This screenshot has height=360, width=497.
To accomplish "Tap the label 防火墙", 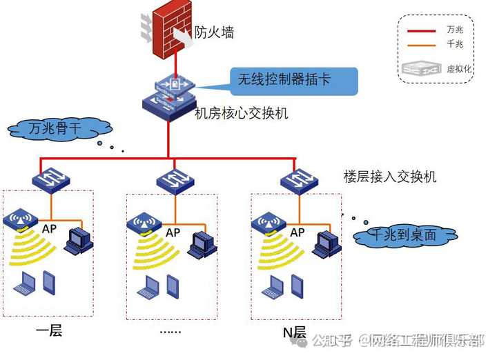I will [x=215, y=32].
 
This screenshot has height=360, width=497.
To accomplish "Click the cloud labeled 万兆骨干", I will [x=61, y=129].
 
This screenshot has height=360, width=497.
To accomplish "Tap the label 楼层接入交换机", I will [x=389, y=177].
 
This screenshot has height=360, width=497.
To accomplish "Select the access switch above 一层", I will [x=50, y=181].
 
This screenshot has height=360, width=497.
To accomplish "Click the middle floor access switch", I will [x=174, y=181].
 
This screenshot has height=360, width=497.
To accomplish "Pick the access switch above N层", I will [x=298, y=181].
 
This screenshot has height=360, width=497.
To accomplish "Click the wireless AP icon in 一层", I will [x=19, y=221].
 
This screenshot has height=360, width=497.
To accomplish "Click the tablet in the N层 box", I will [x=297, y=283].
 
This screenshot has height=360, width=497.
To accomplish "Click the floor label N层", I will [x=294, y=332].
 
